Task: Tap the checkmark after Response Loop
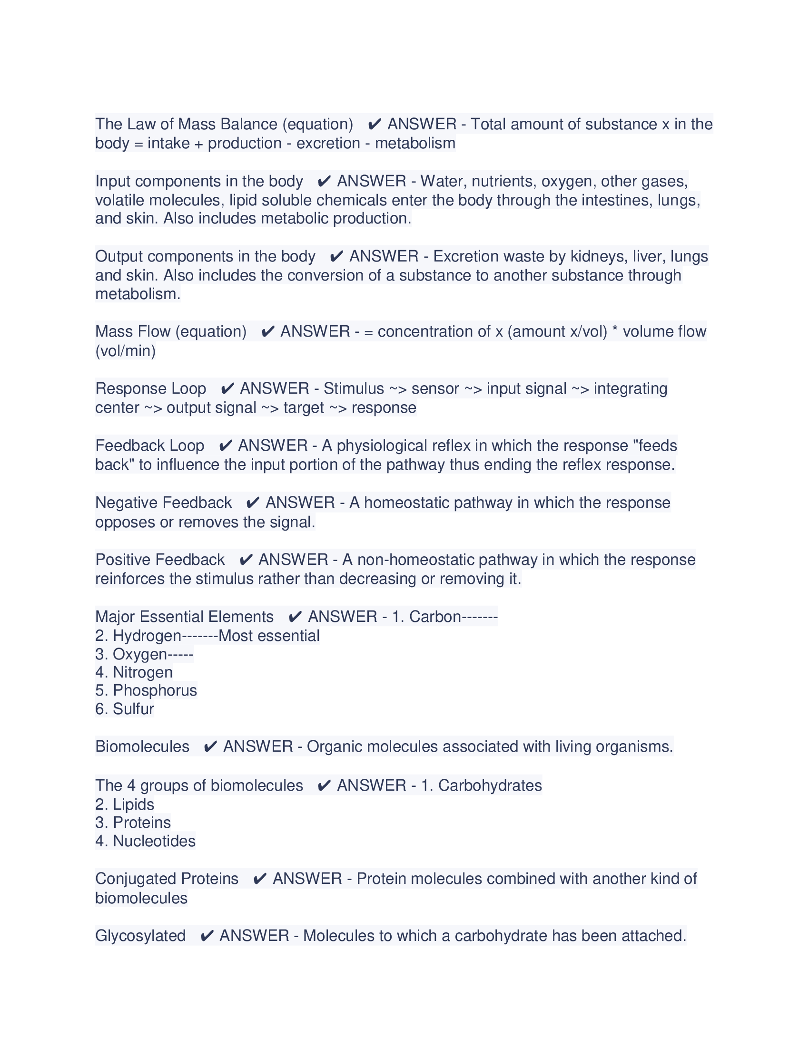click(227, 388)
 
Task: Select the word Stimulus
click(354, 388)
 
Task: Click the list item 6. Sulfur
click(125, 709)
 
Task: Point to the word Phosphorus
click(155, 690)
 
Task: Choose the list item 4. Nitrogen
click(134, 672)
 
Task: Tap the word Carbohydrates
click(490, 785)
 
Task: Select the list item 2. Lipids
click(125, 804)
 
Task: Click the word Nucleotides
click(154, 841)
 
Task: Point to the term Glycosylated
click(140, 935)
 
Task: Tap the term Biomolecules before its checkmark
click(142, 746)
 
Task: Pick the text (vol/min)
click(126, 350)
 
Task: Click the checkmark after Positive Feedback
click(246, 560)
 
